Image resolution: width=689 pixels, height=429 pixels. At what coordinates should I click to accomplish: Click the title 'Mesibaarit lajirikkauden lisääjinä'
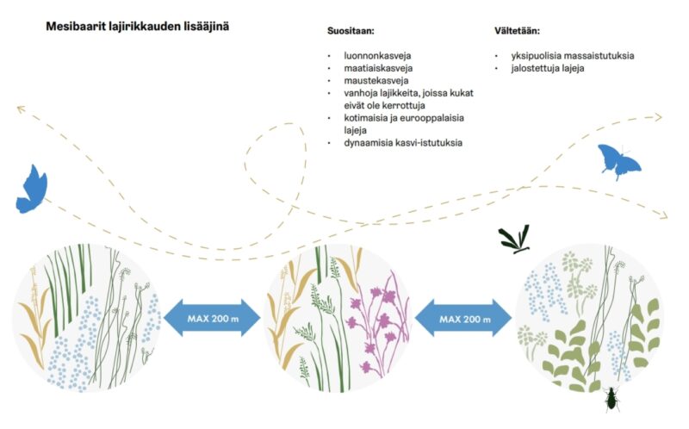click(x=138, y=27)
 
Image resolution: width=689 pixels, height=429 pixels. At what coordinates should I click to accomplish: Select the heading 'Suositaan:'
click(x=351, y=31)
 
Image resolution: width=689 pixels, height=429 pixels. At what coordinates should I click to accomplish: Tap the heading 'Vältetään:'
click(x=517, y=31)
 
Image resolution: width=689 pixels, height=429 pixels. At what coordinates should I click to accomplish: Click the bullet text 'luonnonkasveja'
click(x=377, y=56)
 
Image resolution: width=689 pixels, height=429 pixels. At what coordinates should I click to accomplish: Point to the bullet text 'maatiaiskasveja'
click(x=378, y=68)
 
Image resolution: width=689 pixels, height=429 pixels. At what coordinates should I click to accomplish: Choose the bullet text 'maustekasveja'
click(x=376, y=80)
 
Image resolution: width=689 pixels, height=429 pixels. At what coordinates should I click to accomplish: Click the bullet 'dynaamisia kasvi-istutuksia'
click(x=403, y=143)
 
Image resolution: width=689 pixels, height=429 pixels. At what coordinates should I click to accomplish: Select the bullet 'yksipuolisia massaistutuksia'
click(x=573, y=56)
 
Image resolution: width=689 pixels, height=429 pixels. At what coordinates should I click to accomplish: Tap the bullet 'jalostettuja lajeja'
click(x=548, y=68)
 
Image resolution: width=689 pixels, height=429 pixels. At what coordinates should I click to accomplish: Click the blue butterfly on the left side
click(x=32, y=190)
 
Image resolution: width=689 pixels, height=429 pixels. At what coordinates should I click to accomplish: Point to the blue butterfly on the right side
click(x=618, y=161)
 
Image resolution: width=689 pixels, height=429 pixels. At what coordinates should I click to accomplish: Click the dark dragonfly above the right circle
click(x=515, y=239)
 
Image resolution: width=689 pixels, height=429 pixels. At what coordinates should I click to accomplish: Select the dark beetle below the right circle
click(x=611, y=399)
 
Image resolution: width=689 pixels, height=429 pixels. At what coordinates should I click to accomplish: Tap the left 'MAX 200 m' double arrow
click(x=212, y=318)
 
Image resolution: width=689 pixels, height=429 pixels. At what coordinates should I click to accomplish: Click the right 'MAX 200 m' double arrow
click(x=463, y=318)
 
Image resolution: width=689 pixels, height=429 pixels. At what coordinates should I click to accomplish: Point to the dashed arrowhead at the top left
click(x=21, y=109)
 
